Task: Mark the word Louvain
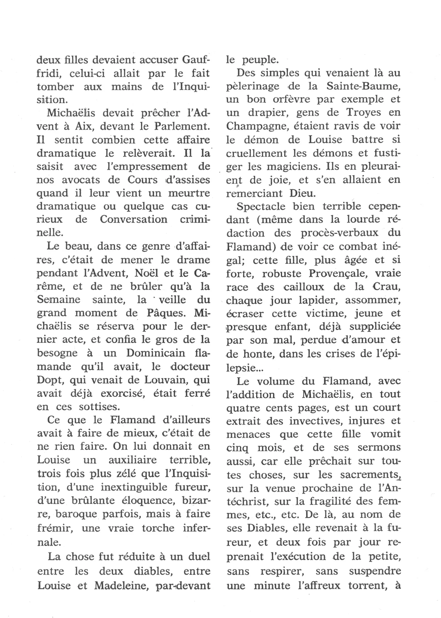(x=163, y=380)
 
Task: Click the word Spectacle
(x=261, y=207)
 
